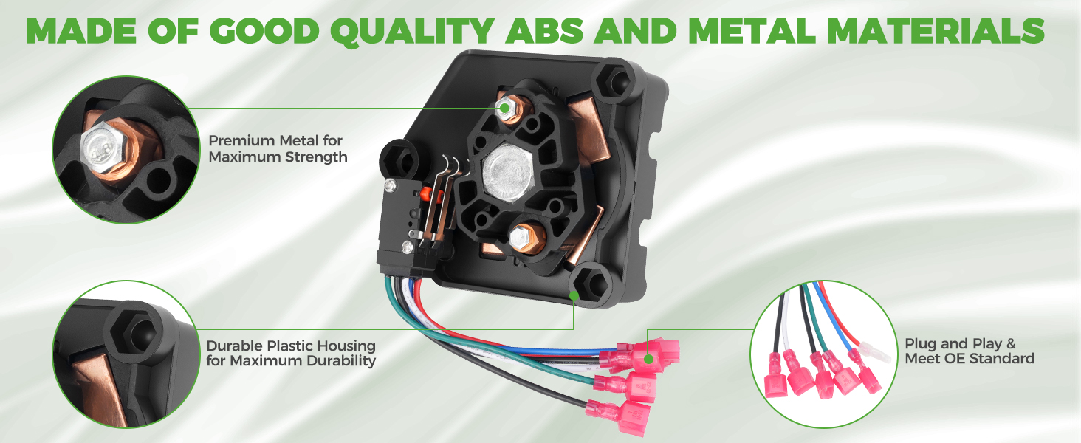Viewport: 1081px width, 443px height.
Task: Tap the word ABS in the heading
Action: pyautogui.click(x=544, y=31)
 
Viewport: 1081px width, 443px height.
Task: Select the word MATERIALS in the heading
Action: pyautogui.click(x=936, y=31)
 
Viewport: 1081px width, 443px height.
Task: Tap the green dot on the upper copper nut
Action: pyautogui.click(x=504, y=108)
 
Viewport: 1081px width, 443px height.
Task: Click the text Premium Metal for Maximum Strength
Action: pyautogui.click(x=278, y=148)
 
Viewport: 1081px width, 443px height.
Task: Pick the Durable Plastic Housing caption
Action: pyautogui.click(x=291, y=353)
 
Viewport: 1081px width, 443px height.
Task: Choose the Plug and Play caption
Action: pyautogui.click(x=970, y=351)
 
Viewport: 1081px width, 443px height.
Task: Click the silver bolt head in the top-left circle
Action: pyautogui.click(x=104, y=148)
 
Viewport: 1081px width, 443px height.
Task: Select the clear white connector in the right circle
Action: pyautogui.click(x=874, y=351)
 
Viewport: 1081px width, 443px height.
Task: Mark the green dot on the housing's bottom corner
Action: pyautogui.click(x=574, y=295)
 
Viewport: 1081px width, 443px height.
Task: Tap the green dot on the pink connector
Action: pyautogui.click(x=648, y=359)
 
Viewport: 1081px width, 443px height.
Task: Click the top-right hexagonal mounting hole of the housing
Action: pyautogui.click(x=619, y=81)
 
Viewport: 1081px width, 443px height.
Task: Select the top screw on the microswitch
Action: pyautogui.click(x=390, y=185)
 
